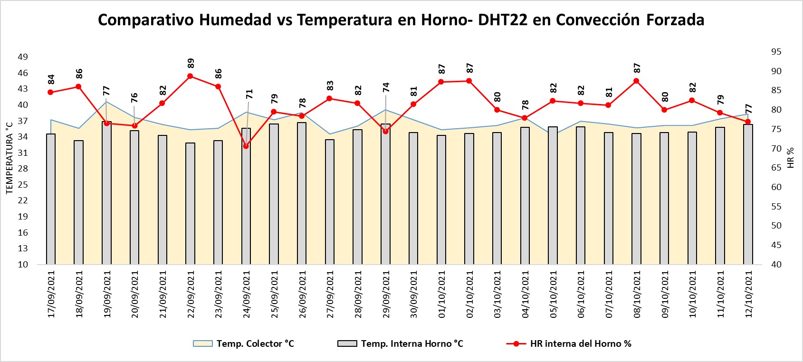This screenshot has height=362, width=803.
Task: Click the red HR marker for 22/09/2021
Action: tap(190, 76)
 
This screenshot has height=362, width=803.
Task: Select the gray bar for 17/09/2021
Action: tap(51, 200)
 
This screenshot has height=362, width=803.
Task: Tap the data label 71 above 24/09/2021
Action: tap(249, 94)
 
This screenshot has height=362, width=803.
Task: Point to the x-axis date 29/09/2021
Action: tap(386, 295)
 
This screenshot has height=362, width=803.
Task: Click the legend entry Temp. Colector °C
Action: tap(244, 343)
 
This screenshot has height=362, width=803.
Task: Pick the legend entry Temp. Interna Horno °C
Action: tap(401, 343)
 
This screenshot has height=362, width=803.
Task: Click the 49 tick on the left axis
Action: tap(23, 57)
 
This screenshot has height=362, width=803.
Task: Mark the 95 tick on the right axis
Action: tap(776, 52)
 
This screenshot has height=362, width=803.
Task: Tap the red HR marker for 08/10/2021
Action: tap(636, 81)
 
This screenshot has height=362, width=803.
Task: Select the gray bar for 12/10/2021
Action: tap(748, 195)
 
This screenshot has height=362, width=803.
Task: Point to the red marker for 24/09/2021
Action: tap(246, 146)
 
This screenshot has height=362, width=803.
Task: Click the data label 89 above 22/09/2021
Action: tap(191, 63)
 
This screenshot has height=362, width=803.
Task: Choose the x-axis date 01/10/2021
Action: tap(442, 295)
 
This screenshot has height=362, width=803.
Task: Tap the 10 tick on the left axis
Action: tap(23, 265)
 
